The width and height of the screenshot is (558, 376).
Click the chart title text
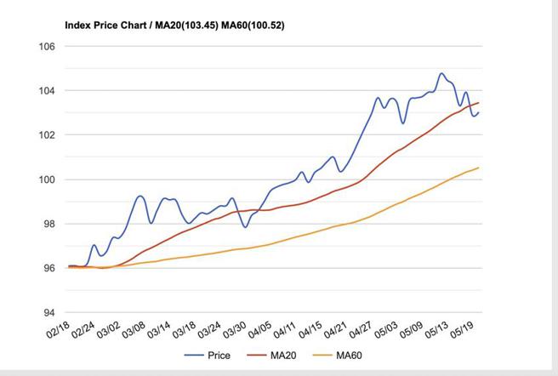coord(174,26)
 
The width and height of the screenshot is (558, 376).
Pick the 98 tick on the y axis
coord(48,224)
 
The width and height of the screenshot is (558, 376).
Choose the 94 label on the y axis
coord(48,312)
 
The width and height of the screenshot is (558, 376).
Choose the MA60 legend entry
coord(341,355)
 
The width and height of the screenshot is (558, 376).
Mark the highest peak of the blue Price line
coord(441,74)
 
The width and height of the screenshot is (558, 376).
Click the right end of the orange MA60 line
coord(479,168)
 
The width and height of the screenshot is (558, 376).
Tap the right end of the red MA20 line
coord(479,103)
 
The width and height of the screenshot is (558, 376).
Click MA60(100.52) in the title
coord(253,26)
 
